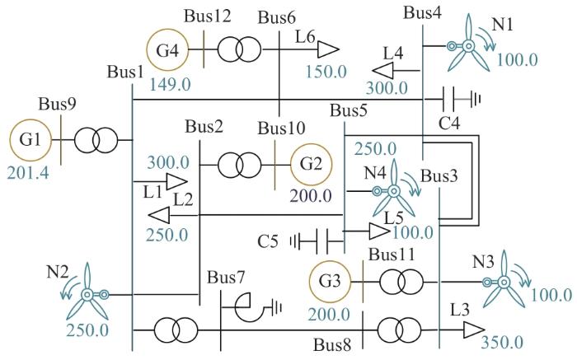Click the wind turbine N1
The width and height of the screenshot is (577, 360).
[x=468, y=46]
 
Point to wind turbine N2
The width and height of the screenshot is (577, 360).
[x=87, y=294]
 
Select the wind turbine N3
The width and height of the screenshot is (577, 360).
[x=504, y=283]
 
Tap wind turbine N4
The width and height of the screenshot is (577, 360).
[x=393, y=191]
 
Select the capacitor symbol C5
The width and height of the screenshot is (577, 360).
[x=317, y=241]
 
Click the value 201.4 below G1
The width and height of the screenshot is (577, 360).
[x=28, y=173]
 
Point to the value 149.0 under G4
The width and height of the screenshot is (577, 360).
[x=170, y=85]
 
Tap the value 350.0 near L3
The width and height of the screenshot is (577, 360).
[x=502, y=343]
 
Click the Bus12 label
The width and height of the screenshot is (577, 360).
[x=208, y=16]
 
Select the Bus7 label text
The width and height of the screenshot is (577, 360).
[x=226, y=278]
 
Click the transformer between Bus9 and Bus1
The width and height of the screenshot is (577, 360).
[x=96, y=140]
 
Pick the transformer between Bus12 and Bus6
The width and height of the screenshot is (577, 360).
[x=239, y=49]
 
